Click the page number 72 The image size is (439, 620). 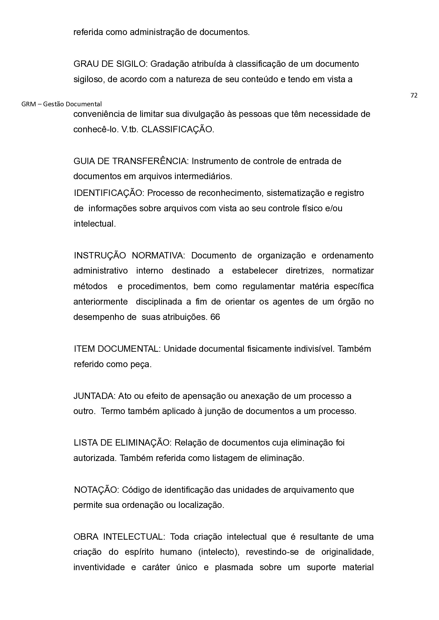click(x=414, y=95)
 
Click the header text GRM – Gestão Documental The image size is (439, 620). click(x=62, y=104)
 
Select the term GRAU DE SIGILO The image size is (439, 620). click(x=110, y=64)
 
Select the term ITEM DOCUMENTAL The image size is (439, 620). click(x=117, y=349)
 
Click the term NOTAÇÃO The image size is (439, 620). click(x=96, y=490)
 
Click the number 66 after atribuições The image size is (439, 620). click(x=215, y=317)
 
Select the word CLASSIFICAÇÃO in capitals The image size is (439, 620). click(x=177, y=129)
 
